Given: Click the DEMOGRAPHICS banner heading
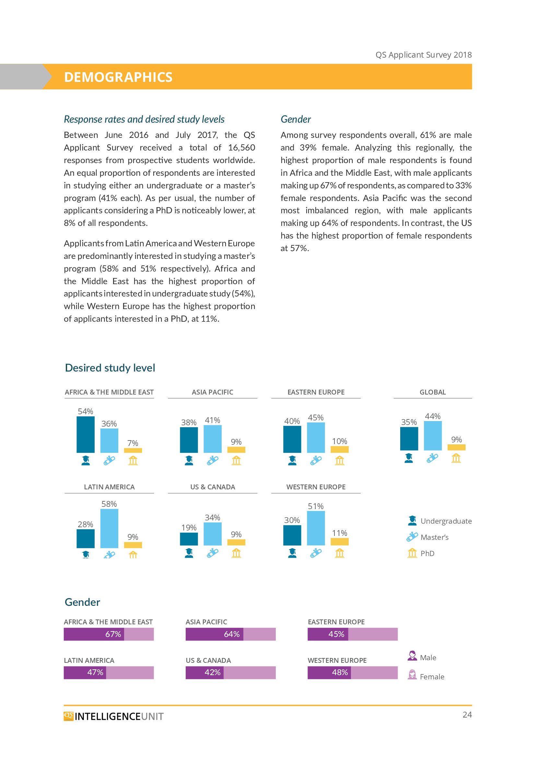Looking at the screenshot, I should (118, 77).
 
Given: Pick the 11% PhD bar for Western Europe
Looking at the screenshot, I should (339, 541).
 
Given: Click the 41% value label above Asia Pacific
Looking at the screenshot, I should (212, 420).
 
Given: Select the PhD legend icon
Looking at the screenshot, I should (412, 553).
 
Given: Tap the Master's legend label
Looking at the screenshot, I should (434, 537).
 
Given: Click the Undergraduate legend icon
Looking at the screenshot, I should (412, 520).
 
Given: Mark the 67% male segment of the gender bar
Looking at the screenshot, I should (94, 634).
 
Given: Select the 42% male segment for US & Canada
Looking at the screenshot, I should (204, 672).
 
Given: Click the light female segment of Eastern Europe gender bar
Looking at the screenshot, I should (373, 634).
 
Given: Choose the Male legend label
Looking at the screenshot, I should (428, 657).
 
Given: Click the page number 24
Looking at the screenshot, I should (467, 715).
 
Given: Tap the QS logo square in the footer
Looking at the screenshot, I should (68, 716).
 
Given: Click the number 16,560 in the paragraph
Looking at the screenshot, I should (241, 148).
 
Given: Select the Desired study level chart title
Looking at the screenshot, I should (110, 368).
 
